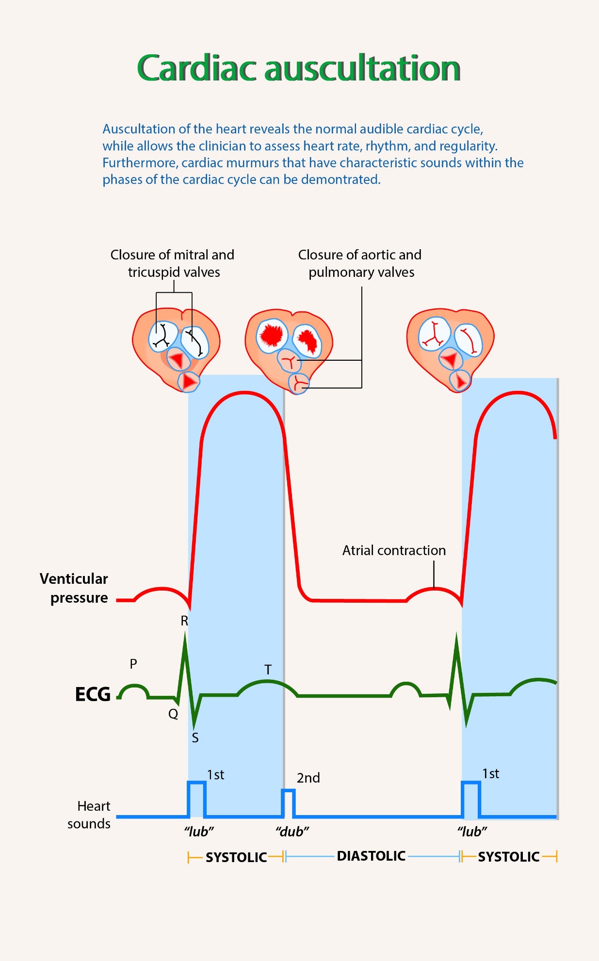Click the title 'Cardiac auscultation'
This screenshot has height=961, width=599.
[x=299, y=68]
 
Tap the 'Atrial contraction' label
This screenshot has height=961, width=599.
[x=394, y=550]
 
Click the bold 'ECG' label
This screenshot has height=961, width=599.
[x=93, y=694]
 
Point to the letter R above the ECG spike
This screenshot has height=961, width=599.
[x=184, y=621]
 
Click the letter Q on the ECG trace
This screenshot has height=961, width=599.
[x=173, y=714]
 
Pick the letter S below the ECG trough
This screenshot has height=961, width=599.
[x=195, y=738]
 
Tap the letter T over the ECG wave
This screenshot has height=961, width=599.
[x=268, y=670]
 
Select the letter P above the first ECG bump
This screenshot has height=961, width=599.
[x=133, y=663]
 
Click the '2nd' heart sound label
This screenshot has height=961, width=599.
[x=308, y=778]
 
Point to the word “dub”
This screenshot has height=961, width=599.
[x=292, y=832]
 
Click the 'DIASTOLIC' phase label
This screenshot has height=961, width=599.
[x=371, y=856]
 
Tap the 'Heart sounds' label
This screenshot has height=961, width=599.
[x=89, y=815]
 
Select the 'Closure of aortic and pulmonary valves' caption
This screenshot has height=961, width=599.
[x=360, y=263]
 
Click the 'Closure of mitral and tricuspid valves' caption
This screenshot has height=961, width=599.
[x=173, y=263]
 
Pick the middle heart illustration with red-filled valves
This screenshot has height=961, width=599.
[x=289, y=349]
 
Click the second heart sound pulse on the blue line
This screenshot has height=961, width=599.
[x=289, y=803]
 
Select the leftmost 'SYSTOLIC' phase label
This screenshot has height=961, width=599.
[x=236, y=857]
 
